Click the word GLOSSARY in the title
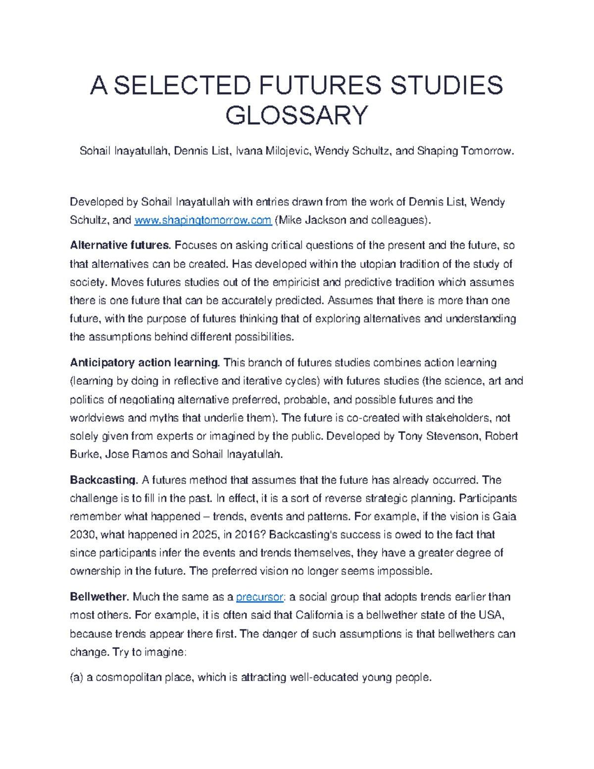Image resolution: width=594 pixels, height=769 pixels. pyautogui.click(x=297, y=115)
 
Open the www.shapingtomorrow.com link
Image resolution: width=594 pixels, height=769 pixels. pyautogui.click(x=202, y=220)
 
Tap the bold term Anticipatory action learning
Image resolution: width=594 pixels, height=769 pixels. pyautogui.click(x=144, y=363)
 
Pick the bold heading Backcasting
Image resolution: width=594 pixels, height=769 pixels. pyautogui.click(x=103, y=480)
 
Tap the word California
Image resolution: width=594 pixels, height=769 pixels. pyautogui.click(x=319, y=615)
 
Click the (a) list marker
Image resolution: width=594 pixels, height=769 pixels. pyautogui.click(x=76, y=677)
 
